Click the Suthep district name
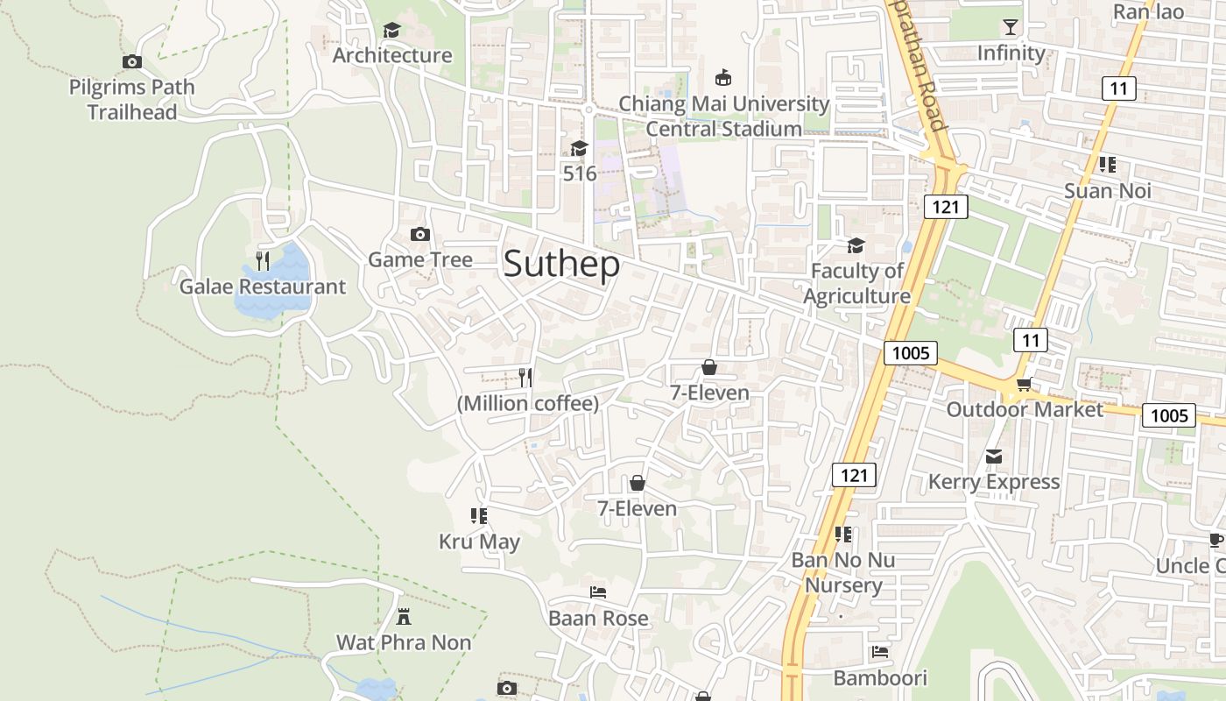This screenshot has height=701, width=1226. coord(561,265)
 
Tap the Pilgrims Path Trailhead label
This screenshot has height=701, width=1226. coord(131,100)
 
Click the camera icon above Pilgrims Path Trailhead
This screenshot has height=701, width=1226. coord(132,61)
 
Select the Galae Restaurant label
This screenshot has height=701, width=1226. coord(262,287)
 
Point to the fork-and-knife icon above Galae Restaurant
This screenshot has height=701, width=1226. coord(263,260)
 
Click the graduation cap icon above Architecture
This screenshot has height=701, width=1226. coord(391,31)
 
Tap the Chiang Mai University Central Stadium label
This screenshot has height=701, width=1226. coord(724,116)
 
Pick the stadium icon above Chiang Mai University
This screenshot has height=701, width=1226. coord(723,78)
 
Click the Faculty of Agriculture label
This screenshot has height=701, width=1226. coord(856,283)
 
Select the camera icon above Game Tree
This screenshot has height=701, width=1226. coord(420,234)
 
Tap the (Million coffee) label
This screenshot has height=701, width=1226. coord(528,403)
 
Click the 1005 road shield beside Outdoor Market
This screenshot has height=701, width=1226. coord(1168,414)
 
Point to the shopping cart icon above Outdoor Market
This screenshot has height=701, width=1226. coord(1023,385)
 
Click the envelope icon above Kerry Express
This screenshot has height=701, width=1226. coord(994,457)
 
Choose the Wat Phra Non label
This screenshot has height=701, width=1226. coord(404,642)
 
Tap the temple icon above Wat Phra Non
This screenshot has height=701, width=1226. coord(404,617)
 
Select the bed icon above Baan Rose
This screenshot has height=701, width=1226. coord(598,592)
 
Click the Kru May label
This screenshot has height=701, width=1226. coord(479,542)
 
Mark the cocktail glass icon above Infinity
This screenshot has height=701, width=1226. coord(1011,27)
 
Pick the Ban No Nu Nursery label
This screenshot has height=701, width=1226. coord(843,572)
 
